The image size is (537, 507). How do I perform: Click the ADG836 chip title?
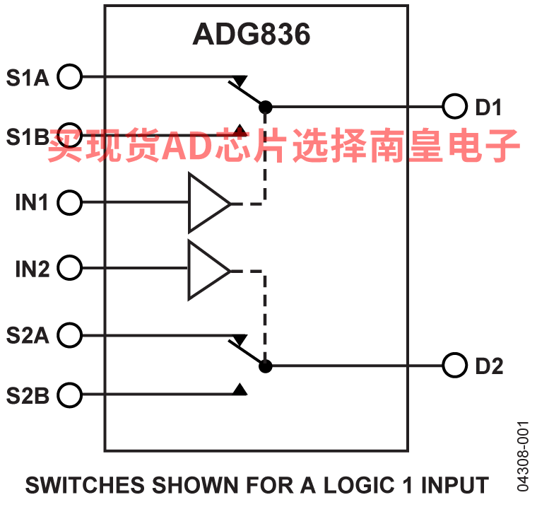(251, 35)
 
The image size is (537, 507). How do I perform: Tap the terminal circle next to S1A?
(69, 76)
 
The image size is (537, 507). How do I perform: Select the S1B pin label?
(28, 136)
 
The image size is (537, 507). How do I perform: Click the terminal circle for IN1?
(69, 203)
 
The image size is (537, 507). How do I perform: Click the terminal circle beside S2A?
(69, 334)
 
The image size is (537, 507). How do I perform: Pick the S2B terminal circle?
(69, 395)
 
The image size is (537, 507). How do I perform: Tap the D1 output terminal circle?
(454, 107)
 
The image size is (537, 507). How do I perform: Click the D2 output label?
(489, 367)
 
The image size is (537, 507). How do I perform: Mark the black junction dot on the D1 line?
(265, 107)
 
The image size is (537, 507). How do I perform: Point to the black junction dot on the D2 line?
(265, 366)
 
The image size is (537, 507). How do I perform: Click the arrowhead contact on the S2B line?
(240, 390)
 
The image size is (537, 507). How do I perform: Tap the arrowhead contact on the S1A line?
(240, 80)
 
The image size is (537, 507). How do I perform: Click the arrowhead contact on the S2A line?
(240, 339)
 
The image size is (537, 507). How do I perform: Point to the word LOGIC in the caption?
(358, 486)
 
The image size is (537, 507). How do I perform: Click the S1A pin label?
(28, 76)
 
